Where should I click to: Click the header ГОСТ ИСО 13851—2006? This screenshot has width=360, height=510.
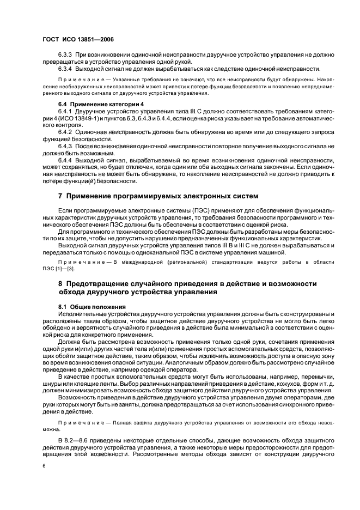pos(78,39)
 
